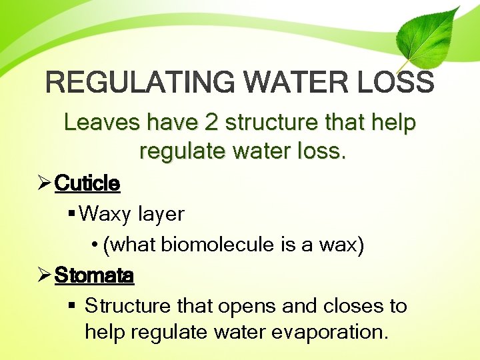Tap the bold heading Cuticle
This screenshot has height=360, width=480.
pyautogui.click(x=87, y=183)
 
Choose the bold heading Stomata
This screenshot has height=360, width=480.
pyautogui.click(x=94, y=275)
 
